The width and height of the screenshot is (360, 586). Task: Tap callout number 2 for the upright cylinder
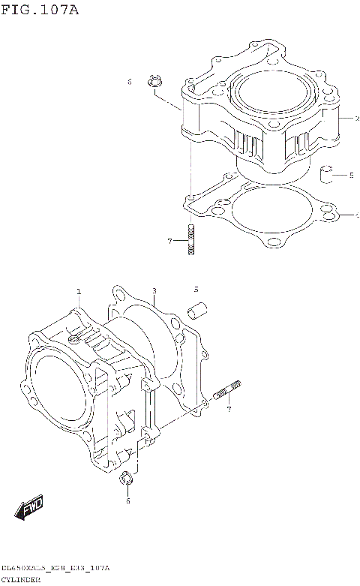click(357, 119)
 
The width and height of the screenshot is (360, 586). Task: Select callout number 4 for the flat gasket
click(357, 215)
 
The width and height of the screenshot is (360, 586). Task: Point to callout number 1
click(78, 291)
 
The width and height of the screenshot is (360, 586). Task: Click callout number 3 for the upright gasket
click(153, 291)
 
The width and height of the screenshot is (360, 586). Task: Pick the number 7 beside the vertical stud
click(170, 241)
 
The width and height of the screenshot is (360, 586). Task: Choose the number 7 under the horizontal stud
click(229, 409)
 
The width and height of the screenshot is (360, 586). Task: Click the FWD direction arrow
click(31, 509)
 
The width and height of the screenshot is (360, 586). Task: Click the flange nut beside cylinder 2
click(156, 80)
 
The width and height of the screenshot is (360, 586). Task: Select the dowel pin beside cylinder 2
click(325, 175)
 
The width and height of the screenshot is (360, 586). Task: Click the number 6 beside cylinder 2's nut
click(129, 81)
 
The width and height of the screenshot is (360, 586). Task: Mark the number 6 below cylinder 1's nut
click(127, 500)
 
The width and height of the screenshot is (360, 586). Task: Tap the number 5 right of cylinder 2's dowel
click(351, 176)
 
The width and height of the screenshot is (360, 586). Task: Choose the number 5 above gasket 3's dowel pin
click(196, 289)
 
